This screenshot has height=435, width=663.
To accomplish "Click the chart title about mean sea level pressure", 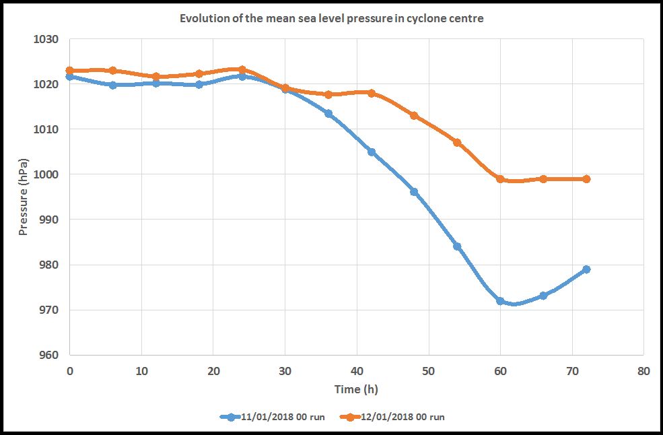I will [x=331, y=19].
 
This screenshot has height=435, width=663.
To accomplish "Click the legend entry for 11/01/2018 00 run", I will [x=273, y=417].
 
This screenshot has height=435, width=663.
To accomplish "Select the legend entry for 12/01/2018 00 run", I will [x=392, y=417].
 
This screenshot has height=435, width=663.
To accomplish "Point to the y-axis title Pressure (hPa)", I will [x=24, y=197].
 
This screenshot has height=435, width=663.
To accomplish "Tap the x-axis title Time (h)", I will [x=356, y=389].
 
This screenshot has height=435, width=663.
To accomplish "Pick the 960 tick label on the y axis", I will [x=50, y=355].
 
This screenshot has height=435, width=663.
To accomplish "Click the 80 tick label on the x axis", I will [x=643, y=370].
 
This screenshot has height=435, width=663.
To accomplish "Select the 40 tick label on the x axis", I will [x=357, y=370].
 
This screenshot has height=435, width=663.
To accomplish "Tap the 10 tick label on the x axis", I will [x=141, y=370].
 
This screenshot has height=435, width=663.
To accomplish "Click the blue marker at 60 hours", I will [x=500, y=301].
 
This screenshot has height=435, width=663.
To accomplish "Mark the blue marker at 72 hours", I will [x=586, y=269].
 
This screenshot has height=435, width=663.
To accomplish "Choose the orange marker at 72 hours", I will [x=586, y=179].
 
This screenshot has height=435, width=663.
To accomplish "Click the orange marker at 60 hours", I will [x=500, y=179].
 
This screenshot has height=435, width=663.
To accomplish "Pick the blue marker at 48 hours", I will [x=414, y=192].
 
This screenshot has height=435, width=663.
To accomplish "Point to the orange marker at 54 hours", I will [x=457, y=143].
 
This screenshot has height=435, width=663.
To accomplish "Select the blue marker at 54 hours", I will [x=457, y=246].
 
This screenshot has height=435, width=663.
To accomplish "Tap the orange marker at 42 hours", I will [x=371, y=93].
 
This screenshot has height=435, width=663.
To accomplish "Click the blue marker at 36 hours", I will [x=328, y=114].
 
